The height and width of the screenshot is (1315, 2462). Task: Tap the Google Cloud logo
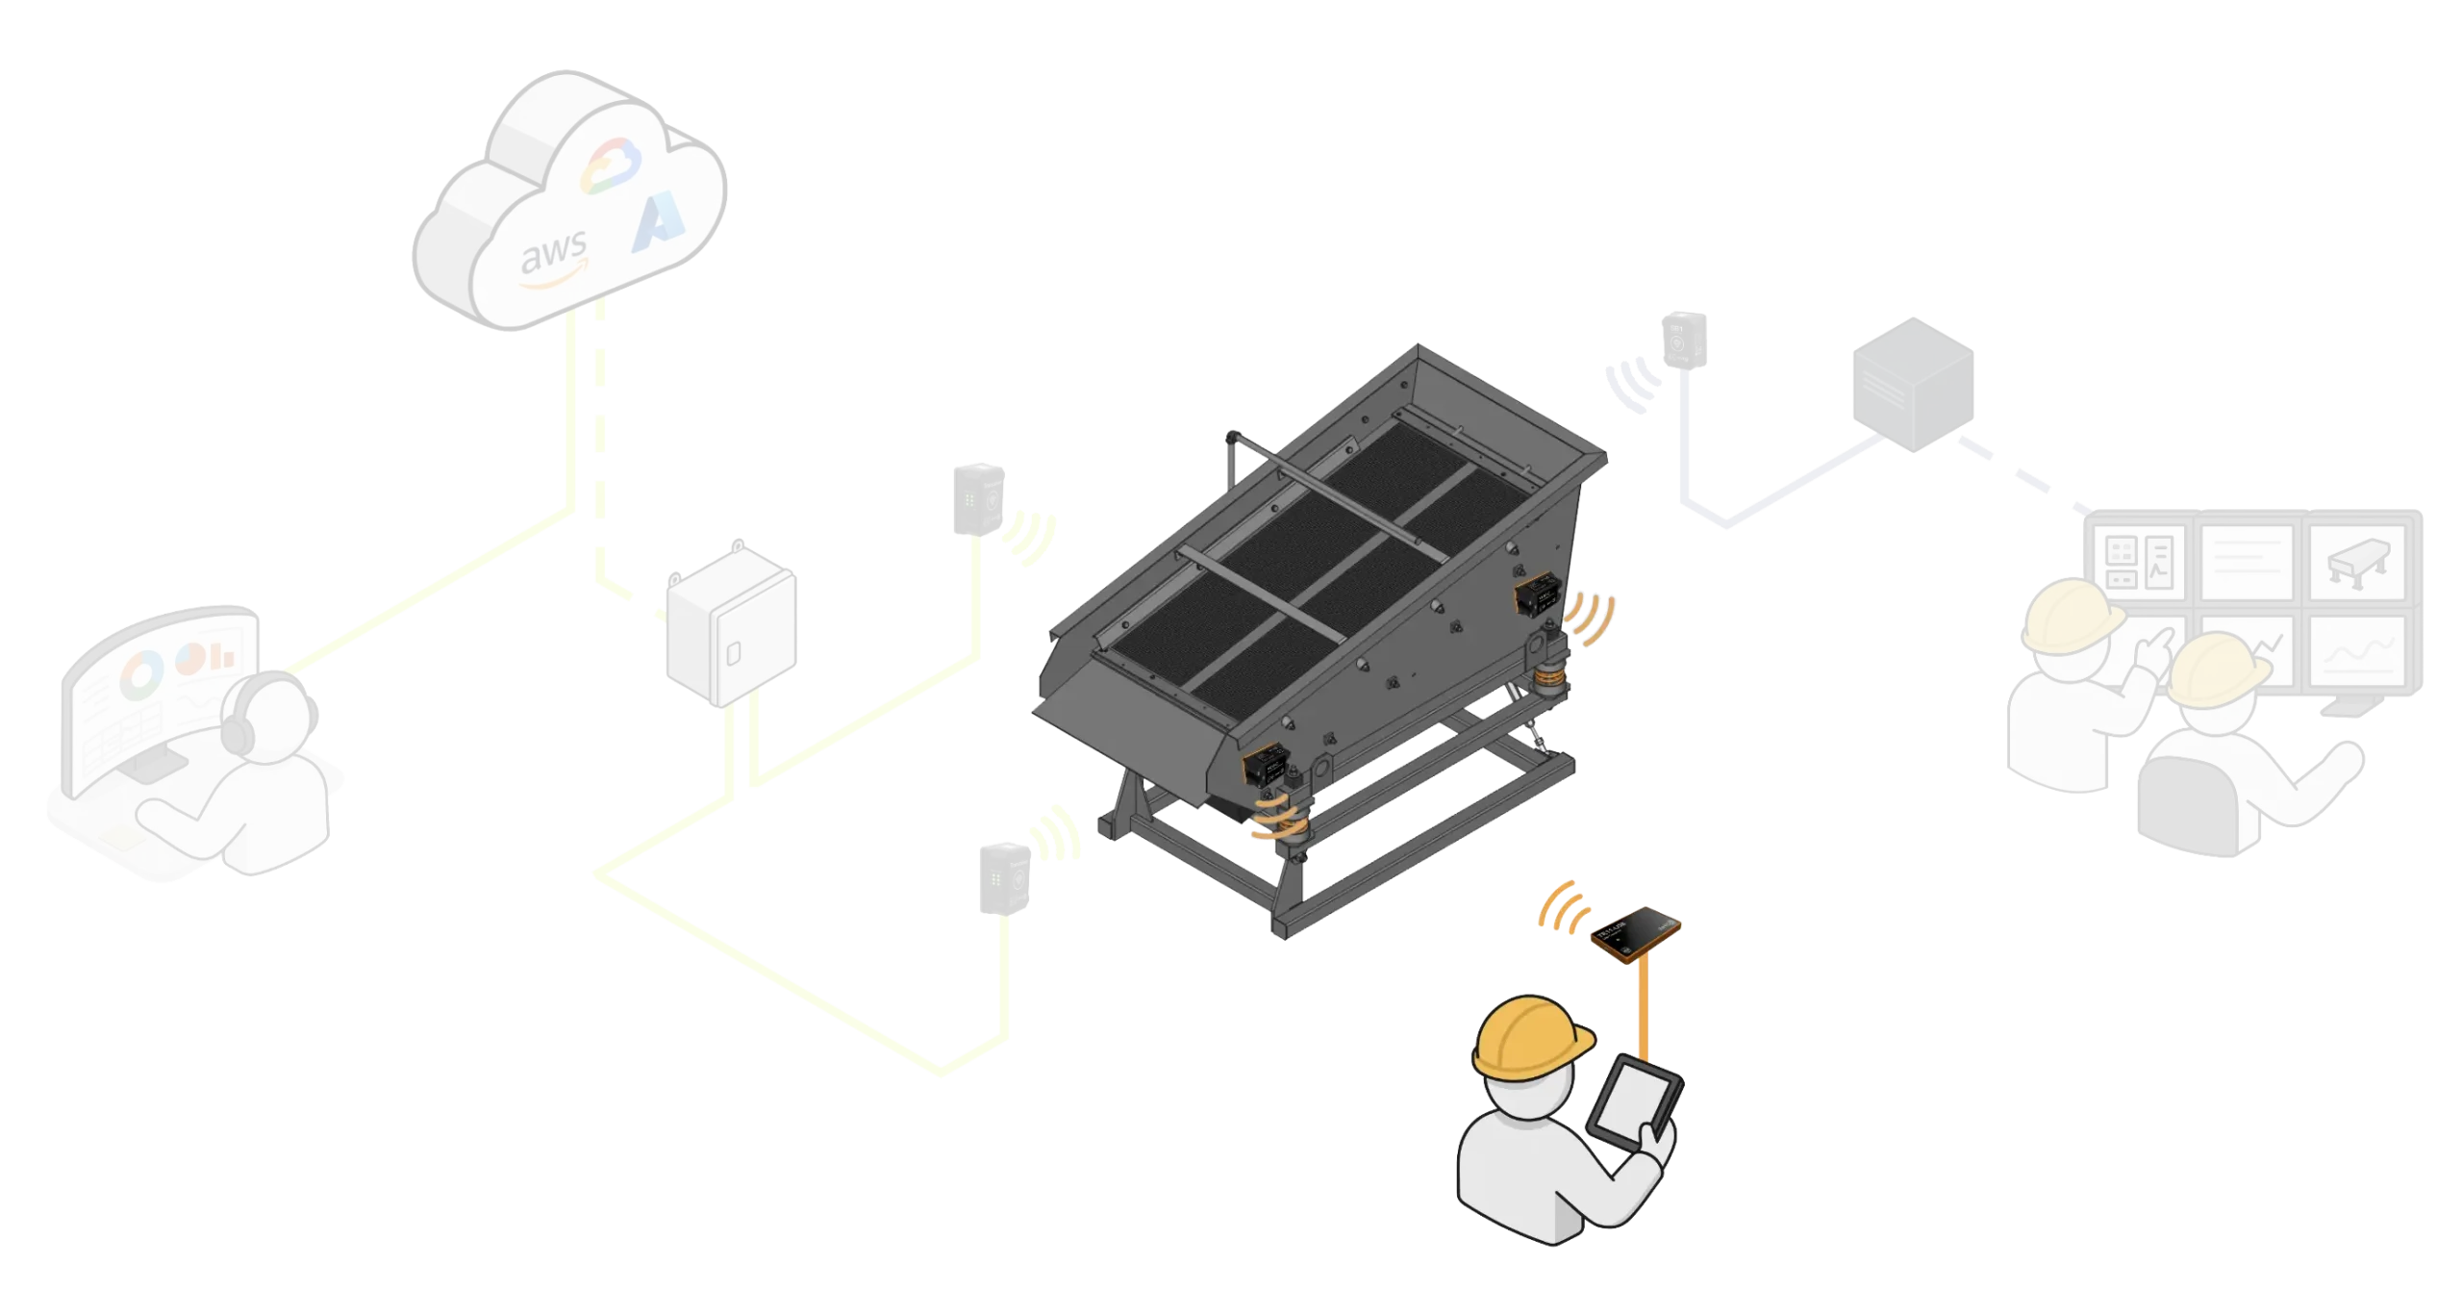pos(610,164)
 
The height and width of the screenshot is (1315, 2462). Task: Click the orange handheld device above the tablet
pos(1636,935)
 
